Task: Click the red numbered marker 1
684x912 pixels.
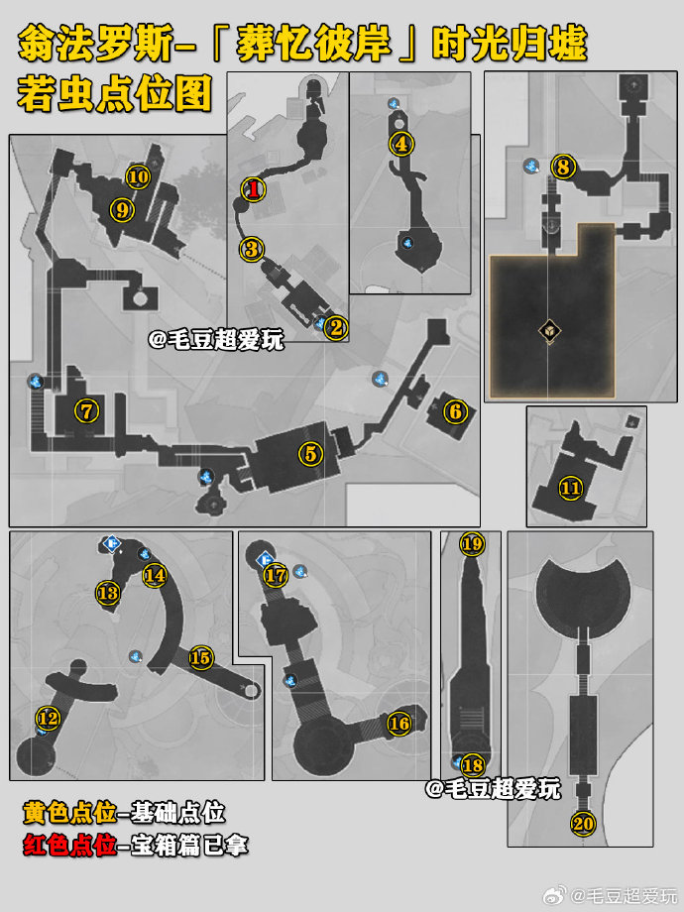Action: (254, 188)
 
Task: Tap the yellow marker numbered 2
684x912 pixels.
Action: (336, 327)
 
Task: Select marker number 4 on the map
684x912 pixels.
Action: (401, 143)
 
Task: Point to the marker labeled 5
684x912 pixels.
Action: (310, 453)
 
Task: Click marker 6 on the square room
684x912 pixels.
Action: (455, 411)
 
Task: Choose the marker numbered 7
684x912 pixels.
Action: (86, 411)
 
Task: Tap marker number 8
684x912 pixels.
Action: (562, 167)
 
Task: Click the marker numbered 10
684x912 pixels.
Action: (139, 176)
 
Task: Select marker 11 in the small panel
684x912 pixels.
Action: (571, 488)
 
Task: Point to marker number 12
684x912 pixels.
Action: (49, 718)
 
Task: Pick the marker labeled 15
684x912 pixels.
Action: (200, 658)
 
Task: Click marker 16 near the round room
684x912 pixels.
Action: (399, 724)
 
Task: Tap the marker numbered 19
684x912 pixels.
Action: (472, 544)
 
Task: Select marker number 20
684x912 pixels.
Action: (583, 824)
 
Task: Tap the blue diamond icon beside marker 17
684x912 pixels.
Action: (266, 559)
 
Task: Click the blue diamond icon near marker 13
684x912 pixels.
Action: (111, 544)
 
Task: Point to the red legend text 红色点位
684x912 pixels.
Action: (69, 846)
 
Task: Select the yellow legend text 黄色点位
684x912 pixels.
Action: (69, 813)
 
